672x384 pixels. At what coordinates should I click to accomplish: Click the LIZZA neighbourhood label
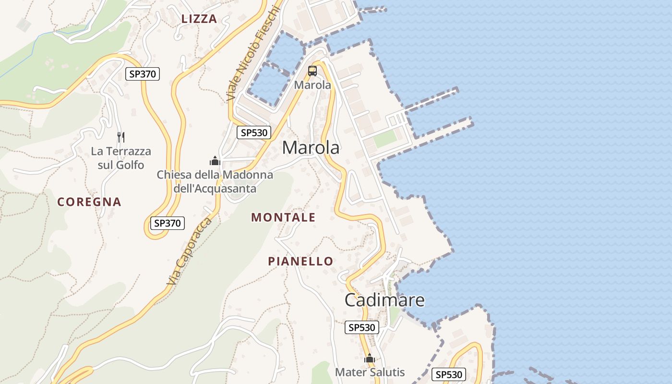pos(199,19)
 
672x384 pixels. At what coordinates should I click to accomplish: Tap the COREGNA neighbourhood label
pos(89,202)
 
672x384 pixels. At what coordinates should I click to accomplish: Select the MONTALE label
pos(283,217)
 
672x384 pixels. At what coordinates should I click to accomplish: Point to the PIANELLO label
pos(300,262)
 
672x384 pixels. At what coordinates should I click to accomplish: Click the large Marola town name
pos(311,148)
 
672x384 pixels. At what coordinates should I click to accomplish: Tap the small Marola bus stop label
pos(312,85)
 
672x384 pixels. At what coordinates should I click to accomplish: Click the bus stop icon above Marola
pos(312,71)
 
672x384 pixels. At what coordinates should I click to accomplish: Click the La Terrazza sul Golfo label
pos(121,158)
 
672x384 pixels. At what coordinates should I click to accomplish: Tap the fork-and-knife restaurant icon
pos(121,137)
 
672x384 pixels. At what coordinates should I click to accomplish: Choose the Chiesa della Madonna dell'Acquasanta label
pos(215,181)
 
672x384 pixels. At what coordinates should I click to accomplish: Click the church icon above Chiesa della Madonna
pos(215,160)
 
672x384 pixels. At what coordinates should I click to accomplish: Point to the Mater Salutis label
pos(370,372)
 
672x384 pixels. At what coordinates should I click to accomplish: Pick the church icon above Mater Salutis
pos(369,358)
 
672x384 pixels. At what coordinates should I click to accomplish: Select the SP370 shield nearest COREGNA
pos(167,223)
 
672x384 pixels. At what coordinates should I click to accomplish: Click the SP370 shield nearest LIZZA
pos(143,74)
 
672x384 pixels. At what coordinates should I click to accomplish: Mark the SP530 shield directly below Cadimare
pos(362,327)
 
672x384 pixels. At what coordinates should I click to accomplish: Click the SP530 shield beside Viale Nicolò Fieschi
pos(254,133)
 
